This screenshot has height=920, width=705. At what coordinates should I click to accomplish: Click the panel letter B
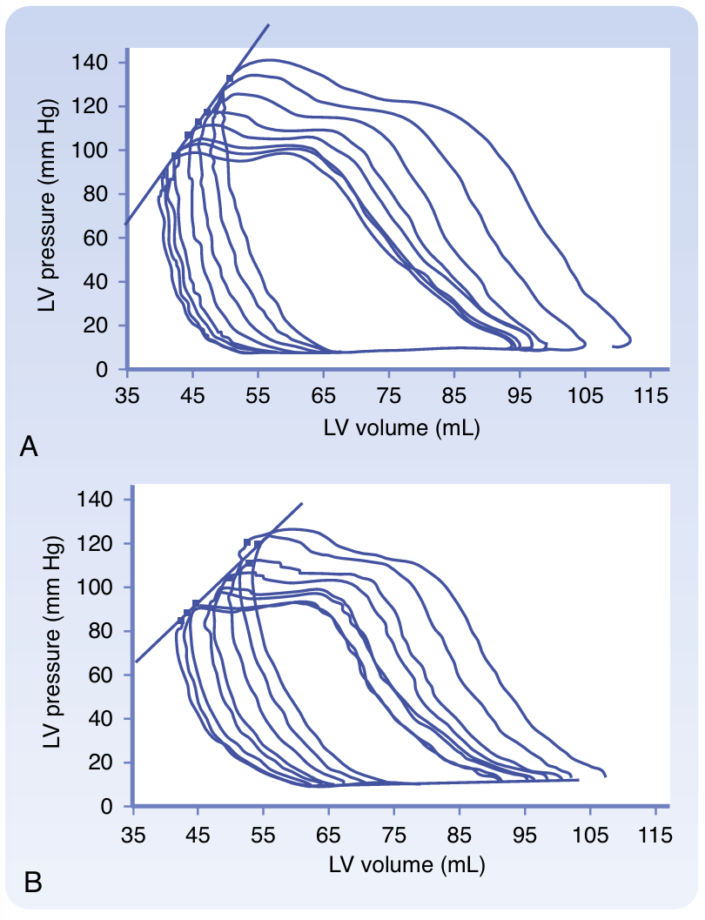[x=33, y=883]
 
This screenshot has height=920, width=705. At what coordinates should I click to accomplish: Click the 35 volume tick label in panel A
[x=127, y=393]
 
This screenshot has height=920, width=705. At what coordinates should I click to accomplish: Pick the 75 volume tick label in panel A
[x=388, y=393]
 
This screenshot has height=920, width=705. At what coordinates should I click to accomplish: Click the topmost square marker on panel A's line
[x=230, y=78]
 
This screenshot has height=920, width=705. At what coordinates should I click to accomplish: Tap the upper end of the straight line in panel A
[x=269, y=25]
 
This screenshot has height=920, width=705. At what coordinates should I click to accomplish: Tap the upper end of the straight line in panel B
[x=302, y=503]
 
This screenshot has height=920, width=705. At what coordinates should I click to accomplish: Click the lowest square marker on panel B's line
[x=181, y=620]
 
